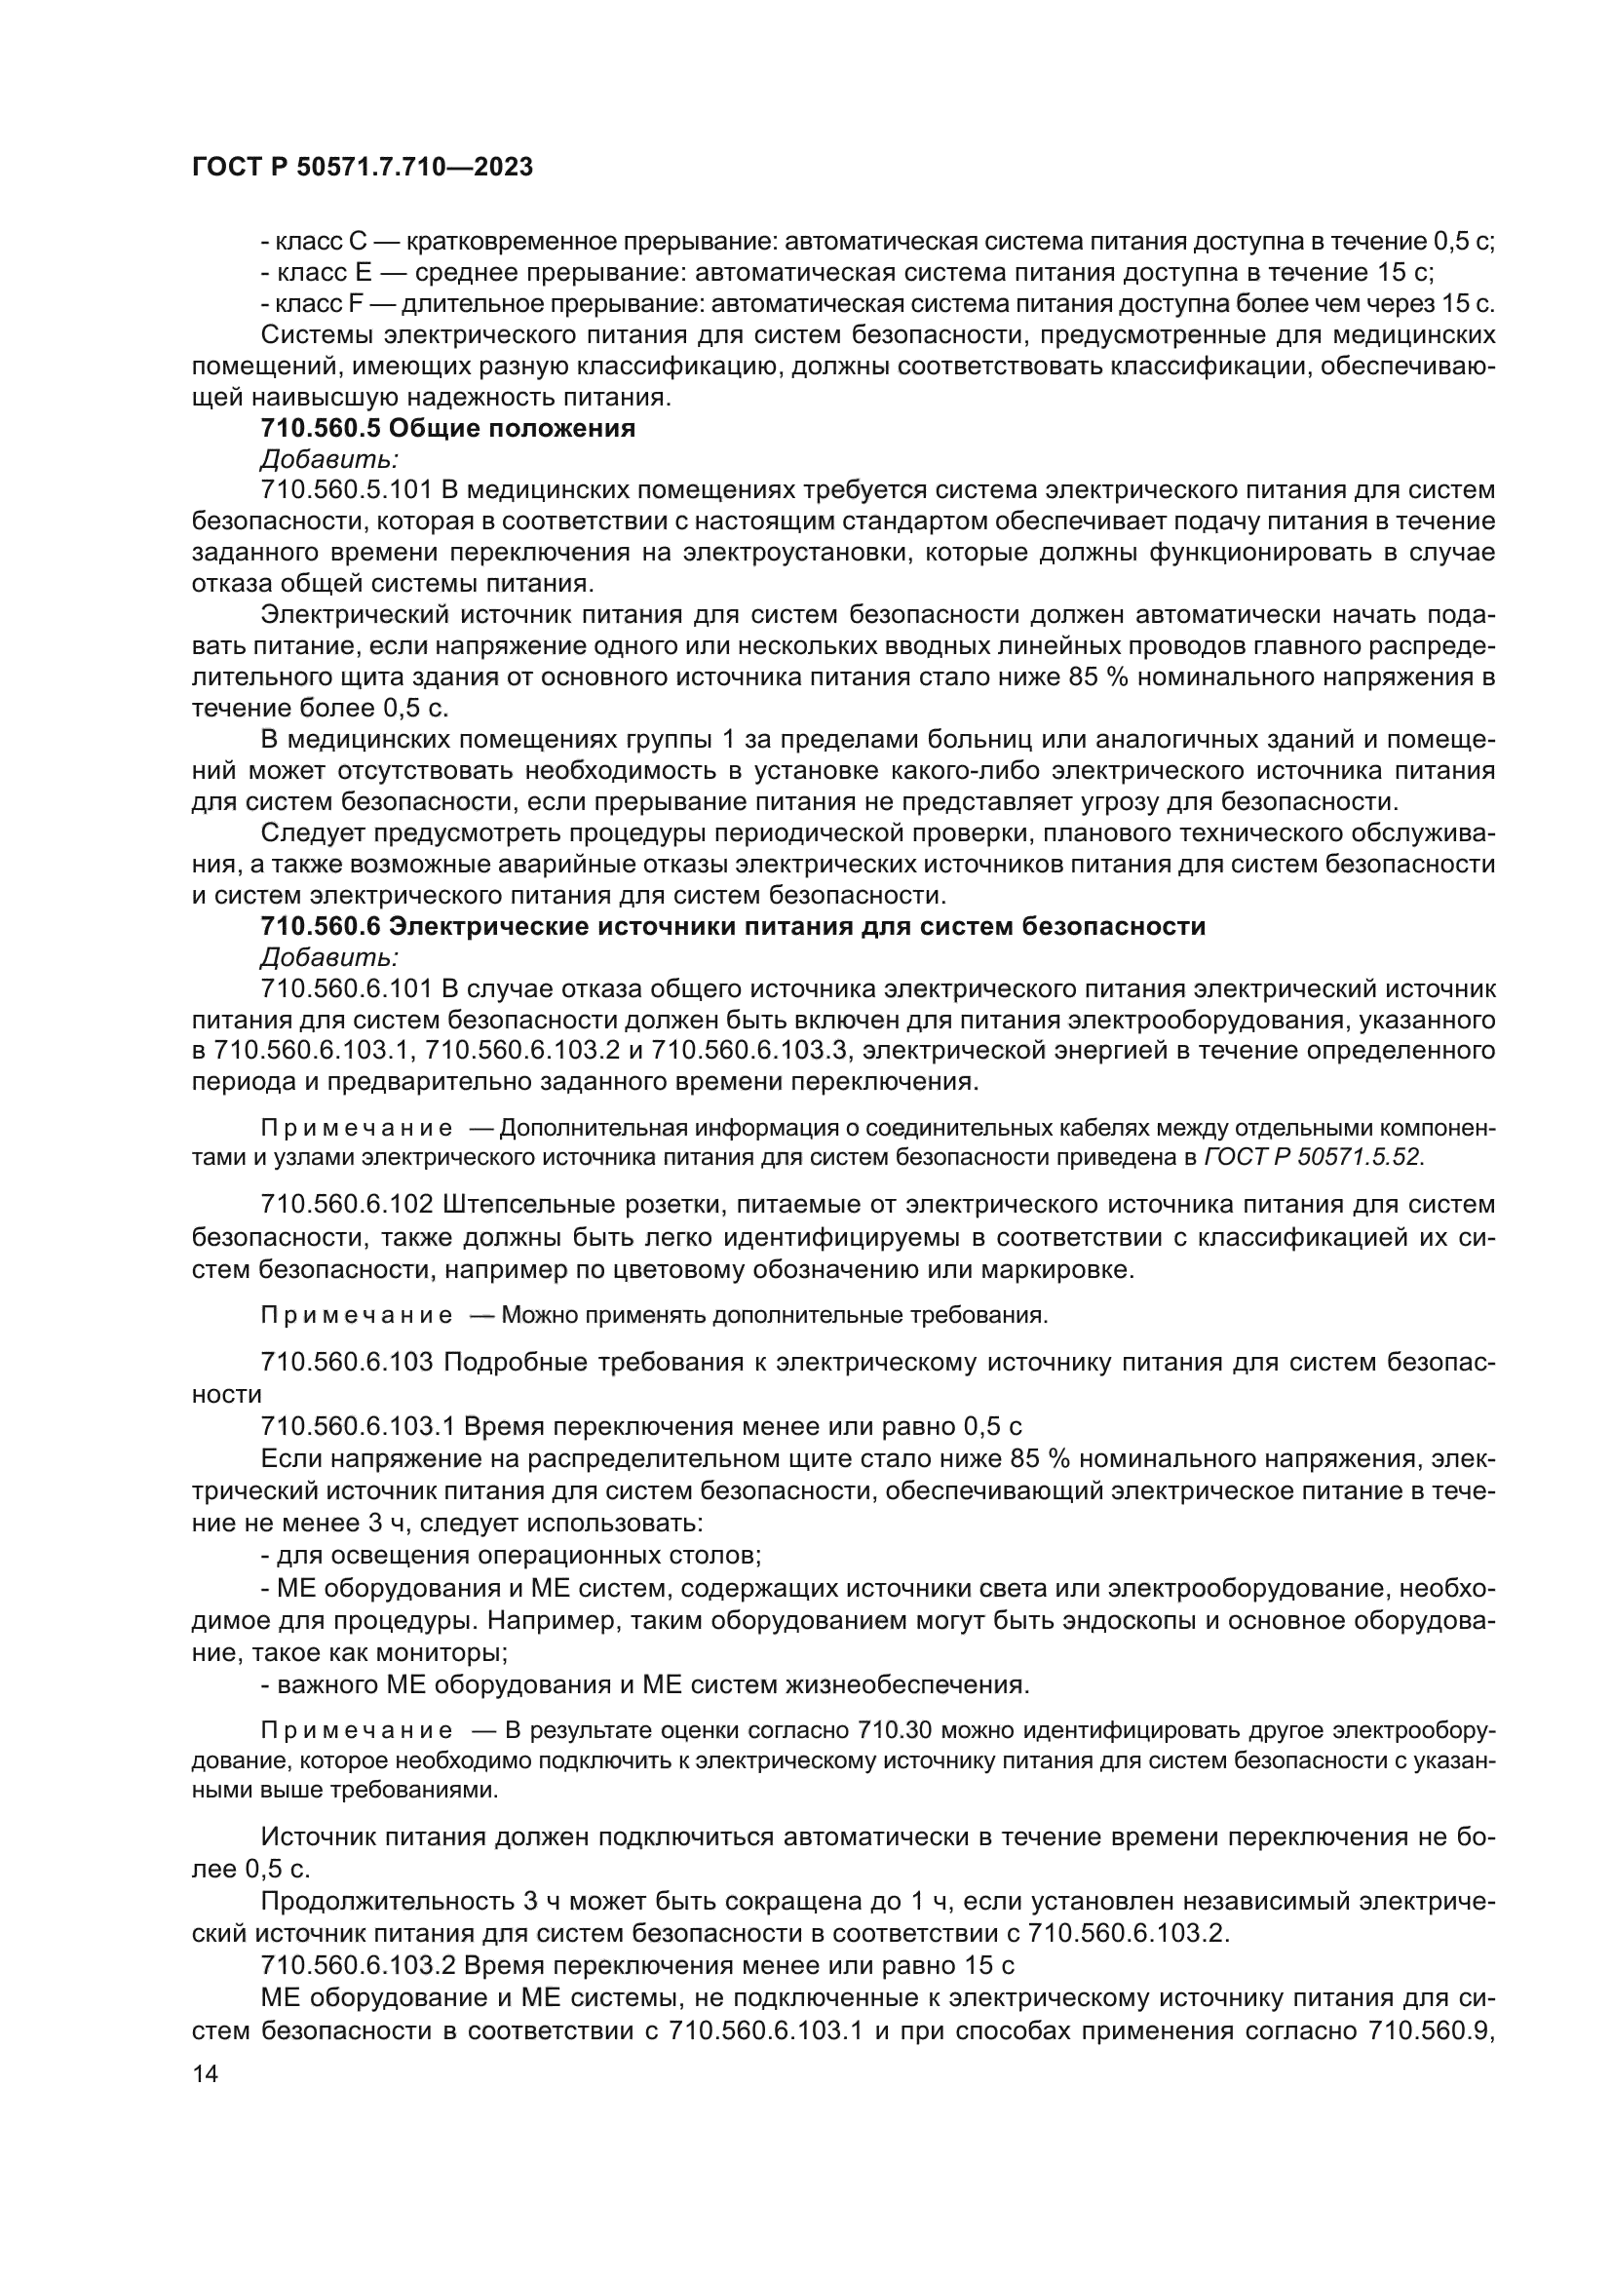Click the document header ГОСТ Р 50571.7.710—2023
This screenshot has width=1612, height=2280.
pos(362,167)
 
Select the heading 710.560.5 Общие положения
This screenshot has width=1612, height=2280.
pos(447,429)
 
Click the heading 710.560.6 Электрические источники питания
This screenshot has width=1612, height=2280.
pos(733,926)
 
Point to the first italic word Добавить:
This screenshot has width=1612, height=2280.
pos(329,460)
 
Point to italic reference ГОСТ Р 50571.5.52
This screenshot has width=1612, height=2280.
pos(1310,1157)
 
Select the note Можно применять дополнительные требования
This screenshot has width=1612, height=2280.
pos(774,1316)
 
